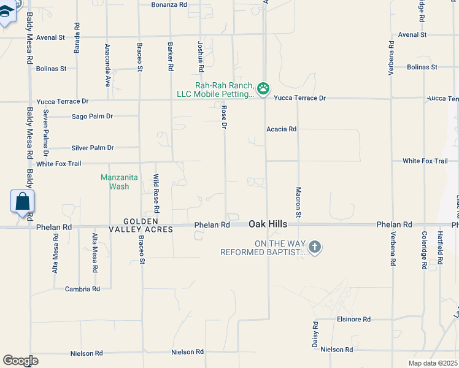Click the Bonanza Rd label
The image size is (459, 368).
coord(169,4)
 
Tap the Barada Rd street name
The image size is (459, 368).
coord(77,38)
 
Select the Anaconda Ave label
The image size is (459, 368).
coord(107,64)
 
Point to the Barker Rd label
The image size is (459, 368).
coord(171,55)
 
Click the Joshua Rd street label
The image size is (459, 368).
coord(201,55)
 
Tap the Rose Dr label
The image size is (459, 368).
coord(225,117)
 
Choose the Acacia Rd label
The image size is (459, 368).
coord(282,129)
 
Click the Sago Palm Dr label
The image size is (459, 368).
coord(93,116)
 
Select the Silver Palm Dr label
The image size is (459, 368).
coord(93,148)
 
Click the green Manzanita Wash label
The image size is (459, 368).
coord(115,182)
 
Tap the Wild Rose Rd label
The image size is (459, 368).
coord(156,193)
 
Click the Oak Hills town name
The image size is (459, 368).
coord(268,225)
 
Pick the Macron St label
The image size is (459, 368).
coord(298,202)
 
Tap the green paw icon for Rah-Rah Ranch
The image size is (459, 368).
coord(263,89)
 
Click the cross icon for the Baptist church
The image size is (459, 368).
coord(314,247)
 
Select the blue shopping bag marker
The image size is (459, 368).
coord(22,202)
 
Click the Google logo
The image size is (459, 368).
coord(20,360)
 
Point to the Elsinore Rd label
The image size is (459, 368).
coord(354,320)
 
